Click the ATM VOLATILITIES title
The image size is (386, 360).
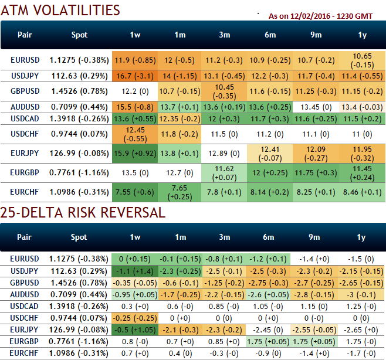pyautogui.click(x=60, y=10)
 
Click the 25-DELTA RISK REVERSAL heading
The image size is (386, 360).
pyautogui.click(x=83, y=212)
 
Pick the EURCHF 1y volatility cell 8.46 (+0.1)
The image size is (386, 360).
pyautogui.click(x=361, y=191)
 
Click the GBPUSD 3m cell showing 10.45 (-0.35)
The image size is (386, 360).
pyautogui.click(x=224, y=91)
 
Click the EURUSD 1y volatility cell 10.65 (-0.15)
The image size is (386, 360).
pyautogui.click(x=361, y=60)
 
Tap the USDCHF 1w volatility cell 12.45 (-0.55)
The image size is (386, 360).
pyautogui.click(x=134, y=134)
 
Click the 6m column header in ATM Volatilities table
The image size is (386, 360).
pyautogui.click(x=270, y=35)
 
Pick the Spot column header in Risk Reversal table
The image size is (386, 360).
pyautogui.click(x=79, y=237)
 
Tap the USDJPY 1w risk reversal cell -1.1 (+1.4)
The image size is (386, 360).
pyautogui.click(x=134, y=271)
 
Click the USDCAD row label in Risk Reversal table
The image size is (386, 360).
pyautogui.click(x=25, y=306)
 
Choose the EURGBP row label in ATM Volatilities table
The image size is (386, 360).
pyautogui.click(x=25, y=172)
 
